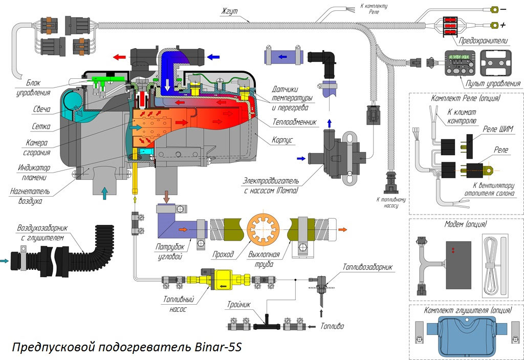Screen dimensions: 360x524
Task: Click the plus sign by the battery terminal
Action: (503, 25)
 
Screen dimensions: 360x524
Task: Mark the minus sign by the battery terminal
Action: (503, 9)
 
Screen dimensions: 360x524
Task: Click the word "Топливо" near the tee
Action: (332, 326)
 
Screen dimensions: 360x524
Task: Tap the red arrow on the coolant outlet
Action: (121, 57)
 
